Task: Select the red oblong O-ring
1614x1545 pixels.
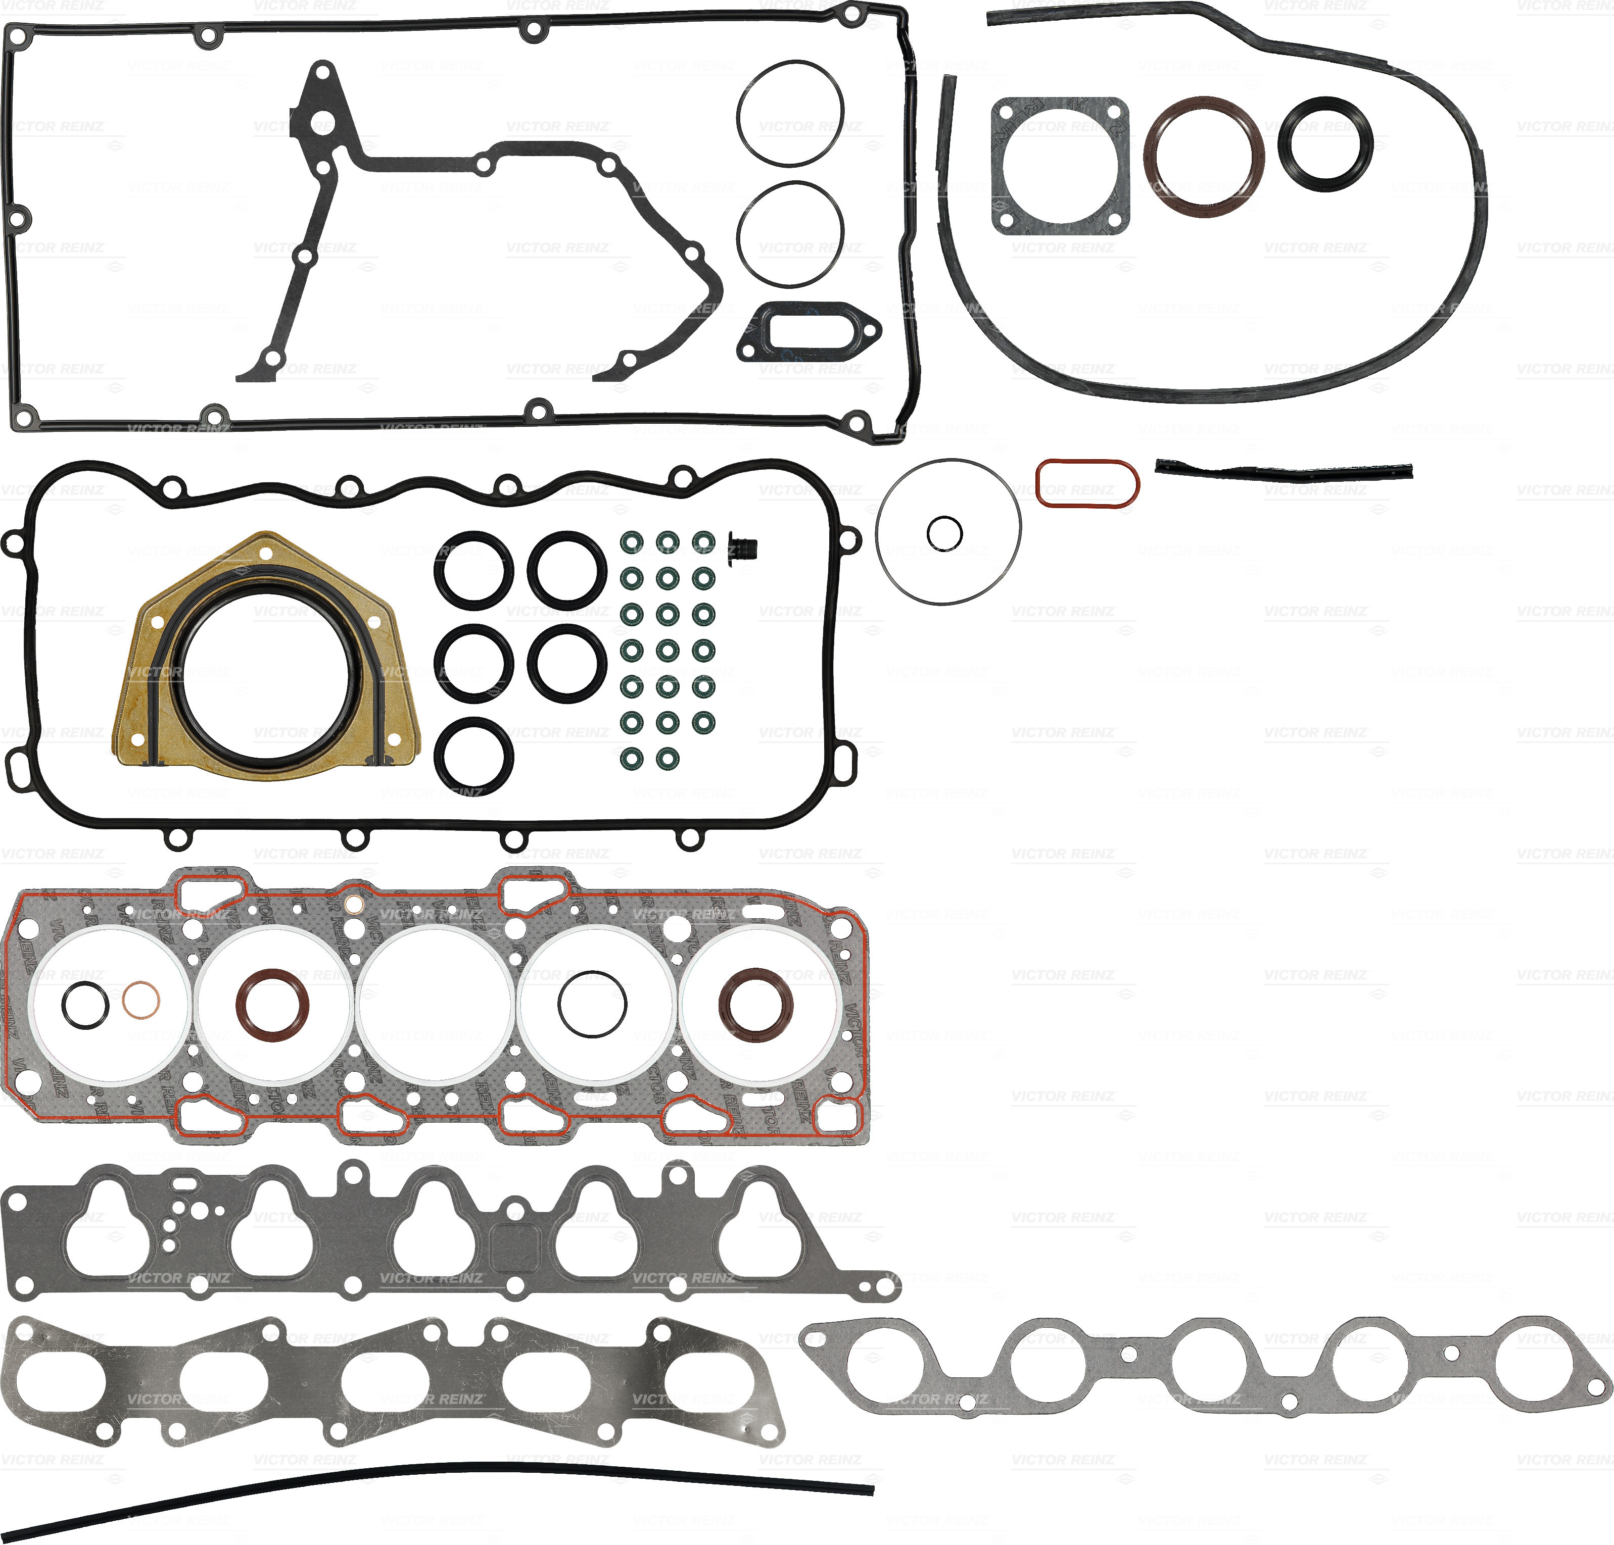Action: [x=1087, y=484]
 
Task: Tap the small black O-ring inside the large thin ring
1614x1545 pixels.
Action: [x=944, y=533]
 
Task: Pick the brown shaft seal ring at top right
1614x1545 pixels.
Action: [x=1203, y=157]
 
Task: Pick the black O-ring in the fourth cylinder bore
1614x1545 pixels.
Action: [x=592, y=1004]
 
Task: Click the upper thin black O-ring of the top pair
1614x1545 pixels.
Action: [x=790, y=111]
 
